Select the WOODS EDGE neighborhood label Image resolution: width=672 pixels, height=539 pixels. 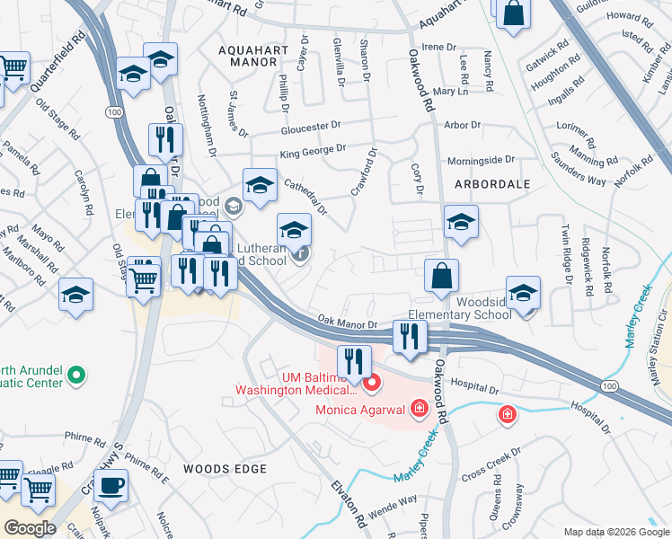coord(225,469)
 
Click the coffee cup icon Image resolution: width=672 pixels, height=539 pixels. coord(111,486)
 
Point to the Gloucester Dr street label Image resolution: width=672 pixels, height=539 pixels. coord(311,128)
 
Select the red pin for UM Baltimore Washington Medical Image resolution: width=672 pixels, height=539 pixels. coord(372,384)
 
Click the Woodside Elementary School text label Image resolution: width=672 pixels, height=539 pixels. coord(458,309)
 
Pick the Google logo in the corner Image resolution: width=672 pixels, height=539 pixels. coord(31,528)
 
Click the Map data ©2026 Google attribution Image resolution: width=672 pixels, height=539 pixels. coord(615,532)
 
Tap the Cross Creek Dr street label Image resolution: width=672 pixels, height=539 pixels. coord(491,463)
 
